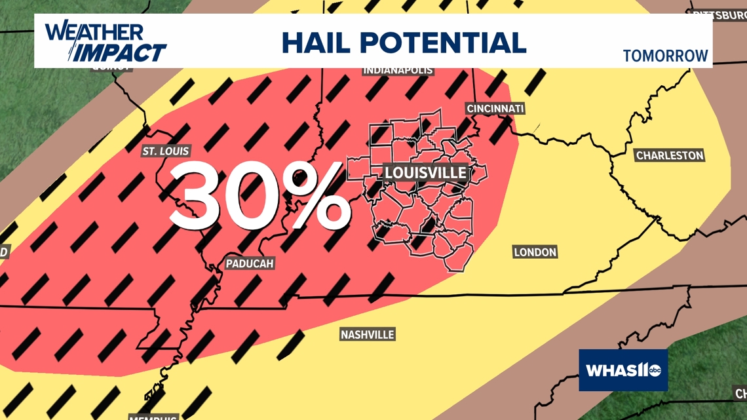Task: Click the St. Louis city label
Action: point(166,151)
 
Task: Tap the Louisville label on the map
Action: point(425,173)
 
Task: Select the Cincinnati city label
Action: point(495,109)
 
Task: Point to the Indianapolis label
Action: point(398,70)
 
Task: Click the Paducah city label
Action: point(249,263)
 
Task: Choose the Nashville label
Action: point(367,335)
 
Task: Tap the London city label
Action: point(535,252)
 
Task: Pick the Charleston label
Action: point(670,156)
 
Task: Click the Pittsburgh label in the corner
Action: point(719,14)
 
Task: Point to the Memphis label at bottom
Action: point(153,417)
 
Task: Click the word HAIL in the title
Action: point(316,43)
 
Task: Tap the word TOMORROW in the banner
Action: point(665,56)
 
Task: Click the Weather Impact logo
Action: point(105,42)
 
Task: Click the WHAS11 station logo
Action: point(622,370)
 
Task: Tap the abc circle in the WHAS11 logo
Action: point(655,371)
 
